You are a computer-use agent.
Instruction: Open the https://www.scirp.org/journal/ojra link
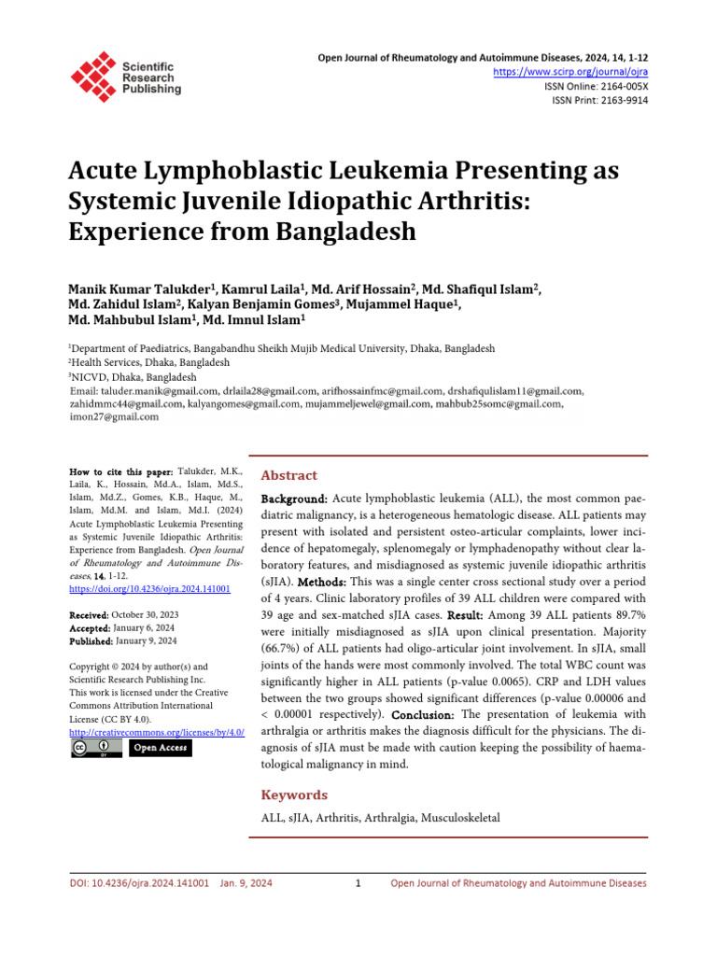[x=569, y=72]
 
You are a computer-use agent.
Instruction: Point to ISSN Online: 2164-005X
[x=596, y=86]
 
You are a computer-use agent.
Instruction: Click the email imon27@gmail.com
[x=114, y=417]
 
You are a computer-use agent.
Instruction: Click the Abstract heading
[x=288, y=475]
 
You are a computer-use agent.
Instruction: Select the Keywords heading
[x=294, y=794]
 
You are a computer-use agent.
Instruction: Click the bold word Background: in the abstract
[x=294, y=500]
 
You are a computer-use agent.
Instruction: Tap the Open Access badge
[x=160, y=749]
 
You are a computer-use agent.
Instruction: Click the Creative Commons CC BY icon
[x=95, y=749]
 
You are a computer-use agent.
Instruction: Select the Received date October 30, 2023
[x=145, y=615]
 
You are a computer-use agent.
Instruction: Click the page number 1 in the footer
[x=358, y=883]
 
